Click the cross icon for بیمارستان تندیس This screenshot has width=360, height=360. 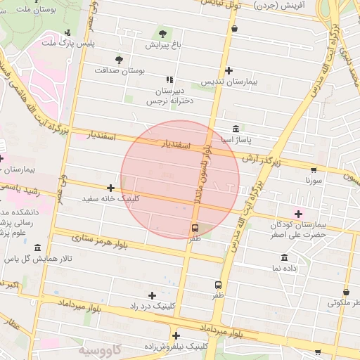coord(229,70)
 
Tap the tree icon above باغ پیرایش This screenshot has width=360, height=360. coord(163,33)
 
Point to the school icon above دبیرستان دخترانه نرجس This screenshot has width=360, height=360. coord(168,80)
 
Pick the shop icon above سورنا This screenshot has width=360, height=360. coord(313,169)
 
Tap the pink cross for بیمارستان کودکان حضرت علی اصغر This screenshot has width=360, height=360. coord(298,213)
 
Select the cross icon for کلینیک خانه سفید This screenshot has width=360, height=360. coord(110,188)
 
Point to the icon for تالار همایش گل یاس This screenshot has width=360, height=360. coord(37,247)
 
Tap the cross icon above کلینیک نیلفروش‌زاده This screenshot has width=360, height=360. coord(176,335)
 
